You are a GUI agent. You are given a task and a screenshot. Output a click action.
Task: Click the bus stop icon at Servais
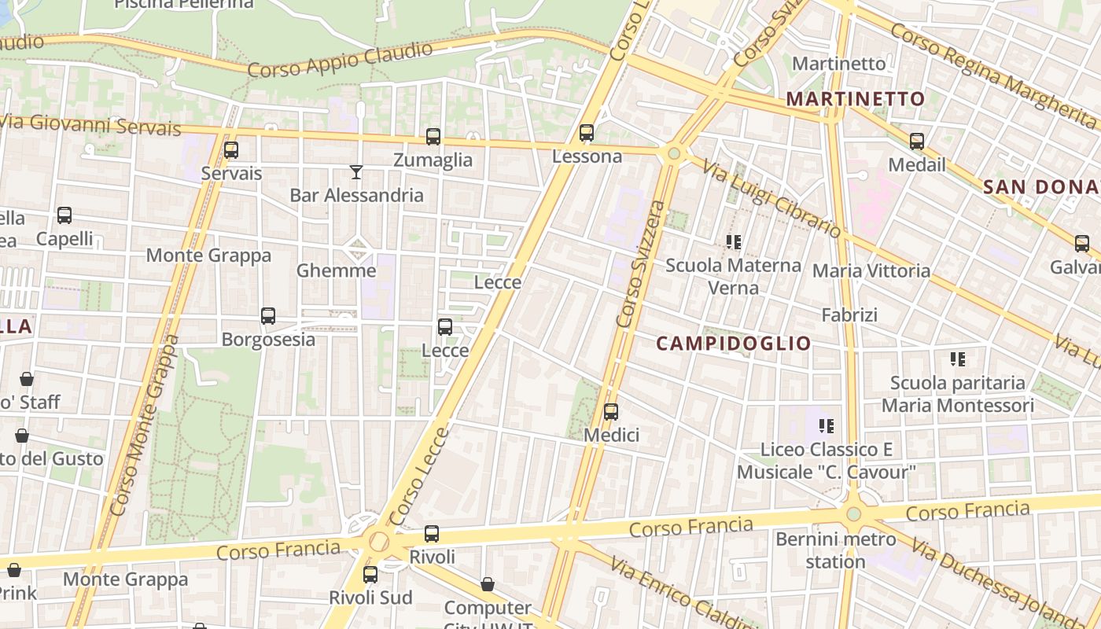[230, 150]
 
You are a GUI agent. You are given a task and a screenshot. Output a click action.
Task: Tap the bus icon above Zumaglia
[433, 137]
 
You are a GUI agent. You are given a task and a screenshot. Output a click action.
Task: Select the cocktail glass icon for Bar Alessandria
[356, 171]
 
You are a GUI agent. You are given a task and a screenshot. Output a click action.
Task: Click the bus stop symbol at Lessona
[587, 133]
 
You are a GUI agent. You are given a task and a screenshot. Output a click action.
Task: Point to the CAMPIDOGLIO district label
[733, 344]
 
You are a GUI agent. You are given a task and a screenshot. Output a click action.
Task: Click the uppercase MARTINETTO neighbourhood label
[856, 99]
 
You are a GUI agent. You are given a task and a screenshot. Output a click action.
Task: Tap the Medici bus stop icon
[611, 412]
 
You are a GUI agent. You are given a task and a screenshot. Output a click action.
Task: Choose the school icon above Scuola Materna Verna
[734, 242]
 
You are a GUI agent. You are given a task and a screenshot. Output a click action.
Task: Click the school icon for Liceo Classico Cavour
[826, 426]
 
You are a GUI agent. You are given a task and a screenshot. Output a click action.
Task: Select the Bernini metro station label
[835, 550]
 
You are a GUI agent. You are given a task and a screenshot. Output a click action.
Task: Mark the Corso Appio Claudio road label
[340, 60]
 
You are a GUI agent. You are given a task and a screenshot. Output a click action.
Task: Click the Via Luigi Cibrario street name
[771, 200]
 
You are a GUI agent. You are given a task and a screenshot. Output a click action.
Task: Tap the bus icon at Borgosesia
[268, 316]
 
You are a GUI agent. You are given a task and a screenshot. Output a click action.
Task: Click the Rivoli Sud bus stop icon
[370, 575]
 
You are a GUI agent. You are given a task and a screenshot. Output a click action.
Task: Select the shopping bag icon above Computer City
[488, 584]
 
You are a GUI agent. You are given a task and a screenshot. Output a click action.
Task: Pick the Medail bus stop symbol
[917, 142]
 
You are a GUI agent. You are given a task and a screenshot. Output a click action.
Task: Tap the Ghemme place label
[336, 271]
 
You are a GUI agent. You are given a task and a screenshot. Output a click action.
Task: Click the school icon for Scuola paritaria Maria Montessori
[957, 359]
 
